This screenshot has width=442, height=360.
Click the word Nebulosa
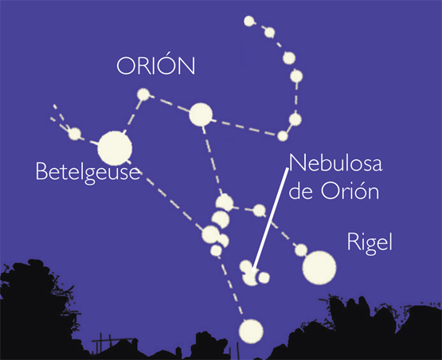(335, 163)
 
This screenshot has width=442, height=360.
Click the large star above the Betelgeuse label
(115, 148)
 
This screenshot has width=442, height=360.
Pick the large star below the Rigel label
(319, 268)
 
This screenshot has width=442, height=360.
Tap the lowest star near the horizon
(251, 331)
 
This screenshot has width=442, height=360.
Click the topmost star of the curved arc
(249, 22)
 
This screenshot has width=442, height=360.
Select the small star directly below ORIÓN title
(143, 95)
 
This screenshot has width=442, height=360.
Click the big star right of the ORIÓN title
(201, 115)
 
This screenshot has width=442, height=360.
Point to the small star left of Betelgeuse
(75, 134)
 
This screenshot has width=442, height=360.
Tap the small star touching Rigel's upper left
(301, 250)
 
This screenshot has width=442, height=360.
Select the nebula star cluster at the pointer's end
(253, 273)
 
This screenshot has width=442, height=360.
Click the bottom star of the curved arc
(283, 136)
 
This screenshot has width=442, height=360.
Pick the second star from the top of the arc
(270, 33)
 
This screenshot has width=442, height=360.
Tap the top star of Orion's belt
(225, 202)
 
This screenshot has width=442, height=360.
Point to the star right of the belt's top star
(260, 210)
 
